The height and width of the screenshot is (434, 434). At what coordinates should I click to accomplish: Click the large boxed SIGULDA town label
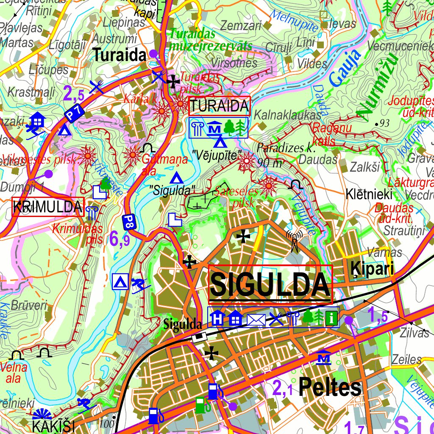(x=270, y=284)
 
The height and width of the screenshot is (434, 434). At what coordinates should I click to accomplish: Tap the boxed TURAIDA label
(x=219, y=106)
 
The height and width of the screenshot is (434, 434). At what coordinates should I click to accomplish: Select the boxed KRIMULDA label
(x=48, y=207)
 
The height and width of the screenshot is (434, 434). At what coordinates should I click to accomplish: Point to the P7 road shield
(x=75, y=113)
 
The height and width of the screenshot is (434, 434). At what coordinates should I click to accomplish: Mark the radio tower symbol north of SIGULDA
(x=294, y=241)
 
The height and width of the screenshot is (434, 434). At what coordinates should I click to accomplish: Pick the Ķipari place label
(x=372, y=269)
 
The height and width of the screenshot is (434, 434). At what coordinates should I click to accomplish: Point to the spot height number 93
(x=384, y=123)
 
